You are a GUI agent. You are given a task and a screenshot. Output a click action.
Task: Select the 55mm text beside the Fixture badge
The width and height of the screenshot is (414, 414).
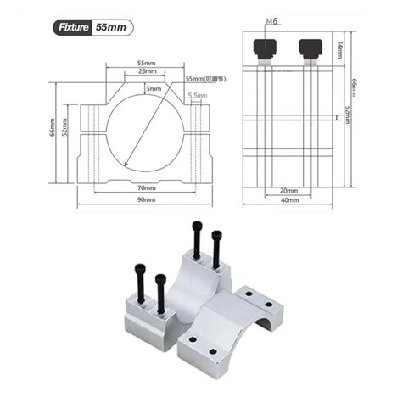point(111,26)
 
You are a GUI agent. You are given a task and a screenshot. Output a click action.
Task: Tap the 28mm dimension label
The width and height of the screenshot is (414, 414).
point(146,72)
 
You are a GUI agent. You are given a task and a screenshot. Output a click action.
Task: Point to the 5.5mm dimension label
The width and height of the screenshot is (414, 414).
point(198,96)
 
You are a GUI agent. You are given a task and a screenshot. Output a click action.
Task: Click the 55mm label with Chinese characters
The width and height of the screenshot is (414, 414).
point(204,79)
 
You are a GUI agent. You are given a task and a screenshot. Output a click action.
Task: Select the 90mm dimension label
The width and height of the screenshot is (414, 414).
point(146,199)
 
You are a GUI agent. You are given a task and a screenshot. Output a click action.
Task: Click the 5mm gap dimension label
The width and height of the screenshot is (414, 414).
point(153,88)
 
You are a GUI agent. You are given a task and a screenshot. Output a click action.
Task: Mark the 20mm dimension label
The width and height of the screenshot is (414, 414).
point(288,190)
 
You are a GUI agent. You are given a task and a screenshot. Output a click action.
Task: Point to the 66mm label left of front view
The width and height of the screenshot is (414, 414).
point(53,131)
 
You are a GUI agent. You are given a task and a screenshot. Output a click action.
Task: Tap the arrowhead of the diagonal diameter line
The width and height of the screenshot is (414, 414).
point(126,165)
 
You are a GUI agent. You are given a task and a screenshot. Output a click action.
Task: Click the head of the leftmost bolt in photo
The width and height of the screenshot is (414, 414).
point(138,269)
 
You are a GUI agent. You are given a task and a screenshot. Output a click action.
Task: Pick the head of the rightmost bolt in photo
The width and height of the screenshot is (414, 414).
point(216,233)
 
